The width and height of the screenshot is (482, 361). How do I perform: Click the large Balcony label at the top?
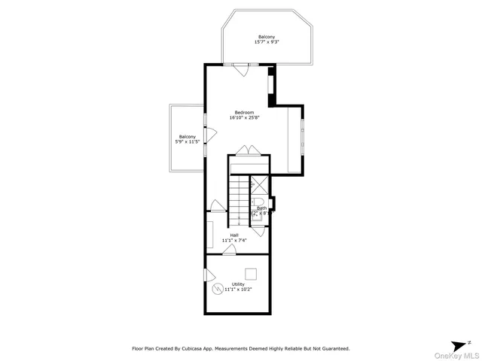[267, 37]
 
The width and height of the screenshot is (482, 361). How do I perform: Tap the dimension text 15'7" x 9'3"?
[267, 43]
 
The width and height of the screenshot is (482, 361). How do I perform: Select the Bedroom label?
[244, 112]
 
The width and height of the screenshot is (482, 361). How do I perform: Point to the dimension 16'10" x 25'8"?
[244, 118]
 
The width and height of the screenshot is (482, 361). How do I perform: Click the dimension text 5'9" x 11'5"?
[188, 142]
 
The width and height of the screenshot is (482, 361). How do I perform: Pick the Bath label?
[261, 208]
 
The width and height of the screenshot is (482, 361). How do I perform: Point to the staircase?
[239, 199]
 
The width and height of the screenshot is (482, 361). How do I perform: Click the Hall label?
[235, 235]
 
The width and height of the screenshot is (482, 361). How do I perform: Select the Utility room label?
[238, 284]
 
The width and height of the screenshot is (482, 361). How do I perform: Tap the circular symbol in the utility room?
[218, 288]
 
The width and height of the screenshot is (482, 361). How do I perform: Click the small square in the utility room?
[251, 273]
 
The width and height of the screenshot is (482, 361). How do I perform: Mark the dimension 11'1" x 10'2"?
[238, 290]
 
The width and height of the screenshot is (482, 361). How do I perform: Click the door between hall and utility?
[228, 250]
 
